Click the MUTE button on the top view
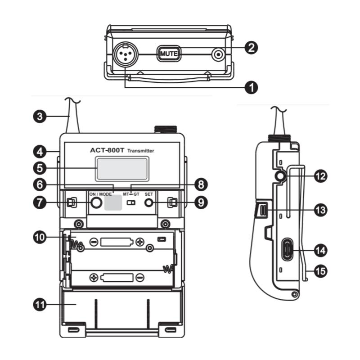tap(169, 54)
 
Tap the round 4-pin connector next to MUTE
tap(126, 54)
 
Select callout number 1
tap(252, 87)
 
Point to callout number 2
tap(252, 48)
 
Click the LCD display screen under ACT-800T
tap(122, 169)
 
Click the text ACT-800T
tap(107, 150)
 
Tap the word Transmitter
tap(140, 151)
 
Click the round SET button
tap(148, 203)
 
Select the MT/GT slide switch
tap(131, 203)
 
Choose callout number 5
tap(40, 168)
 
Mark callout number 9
tap(201, 202)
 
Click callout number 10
tap(40, 237)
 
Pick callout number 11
tap(40, 305)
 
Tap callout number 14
tap(320, 250)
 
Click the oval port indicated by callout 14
tap(288, 250)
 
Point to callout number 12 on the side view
tap(320, 176)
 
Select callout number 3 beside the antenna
tap(40, 116)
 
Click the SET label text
tap(148, 194)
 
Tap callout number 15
tap(320, 271)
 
